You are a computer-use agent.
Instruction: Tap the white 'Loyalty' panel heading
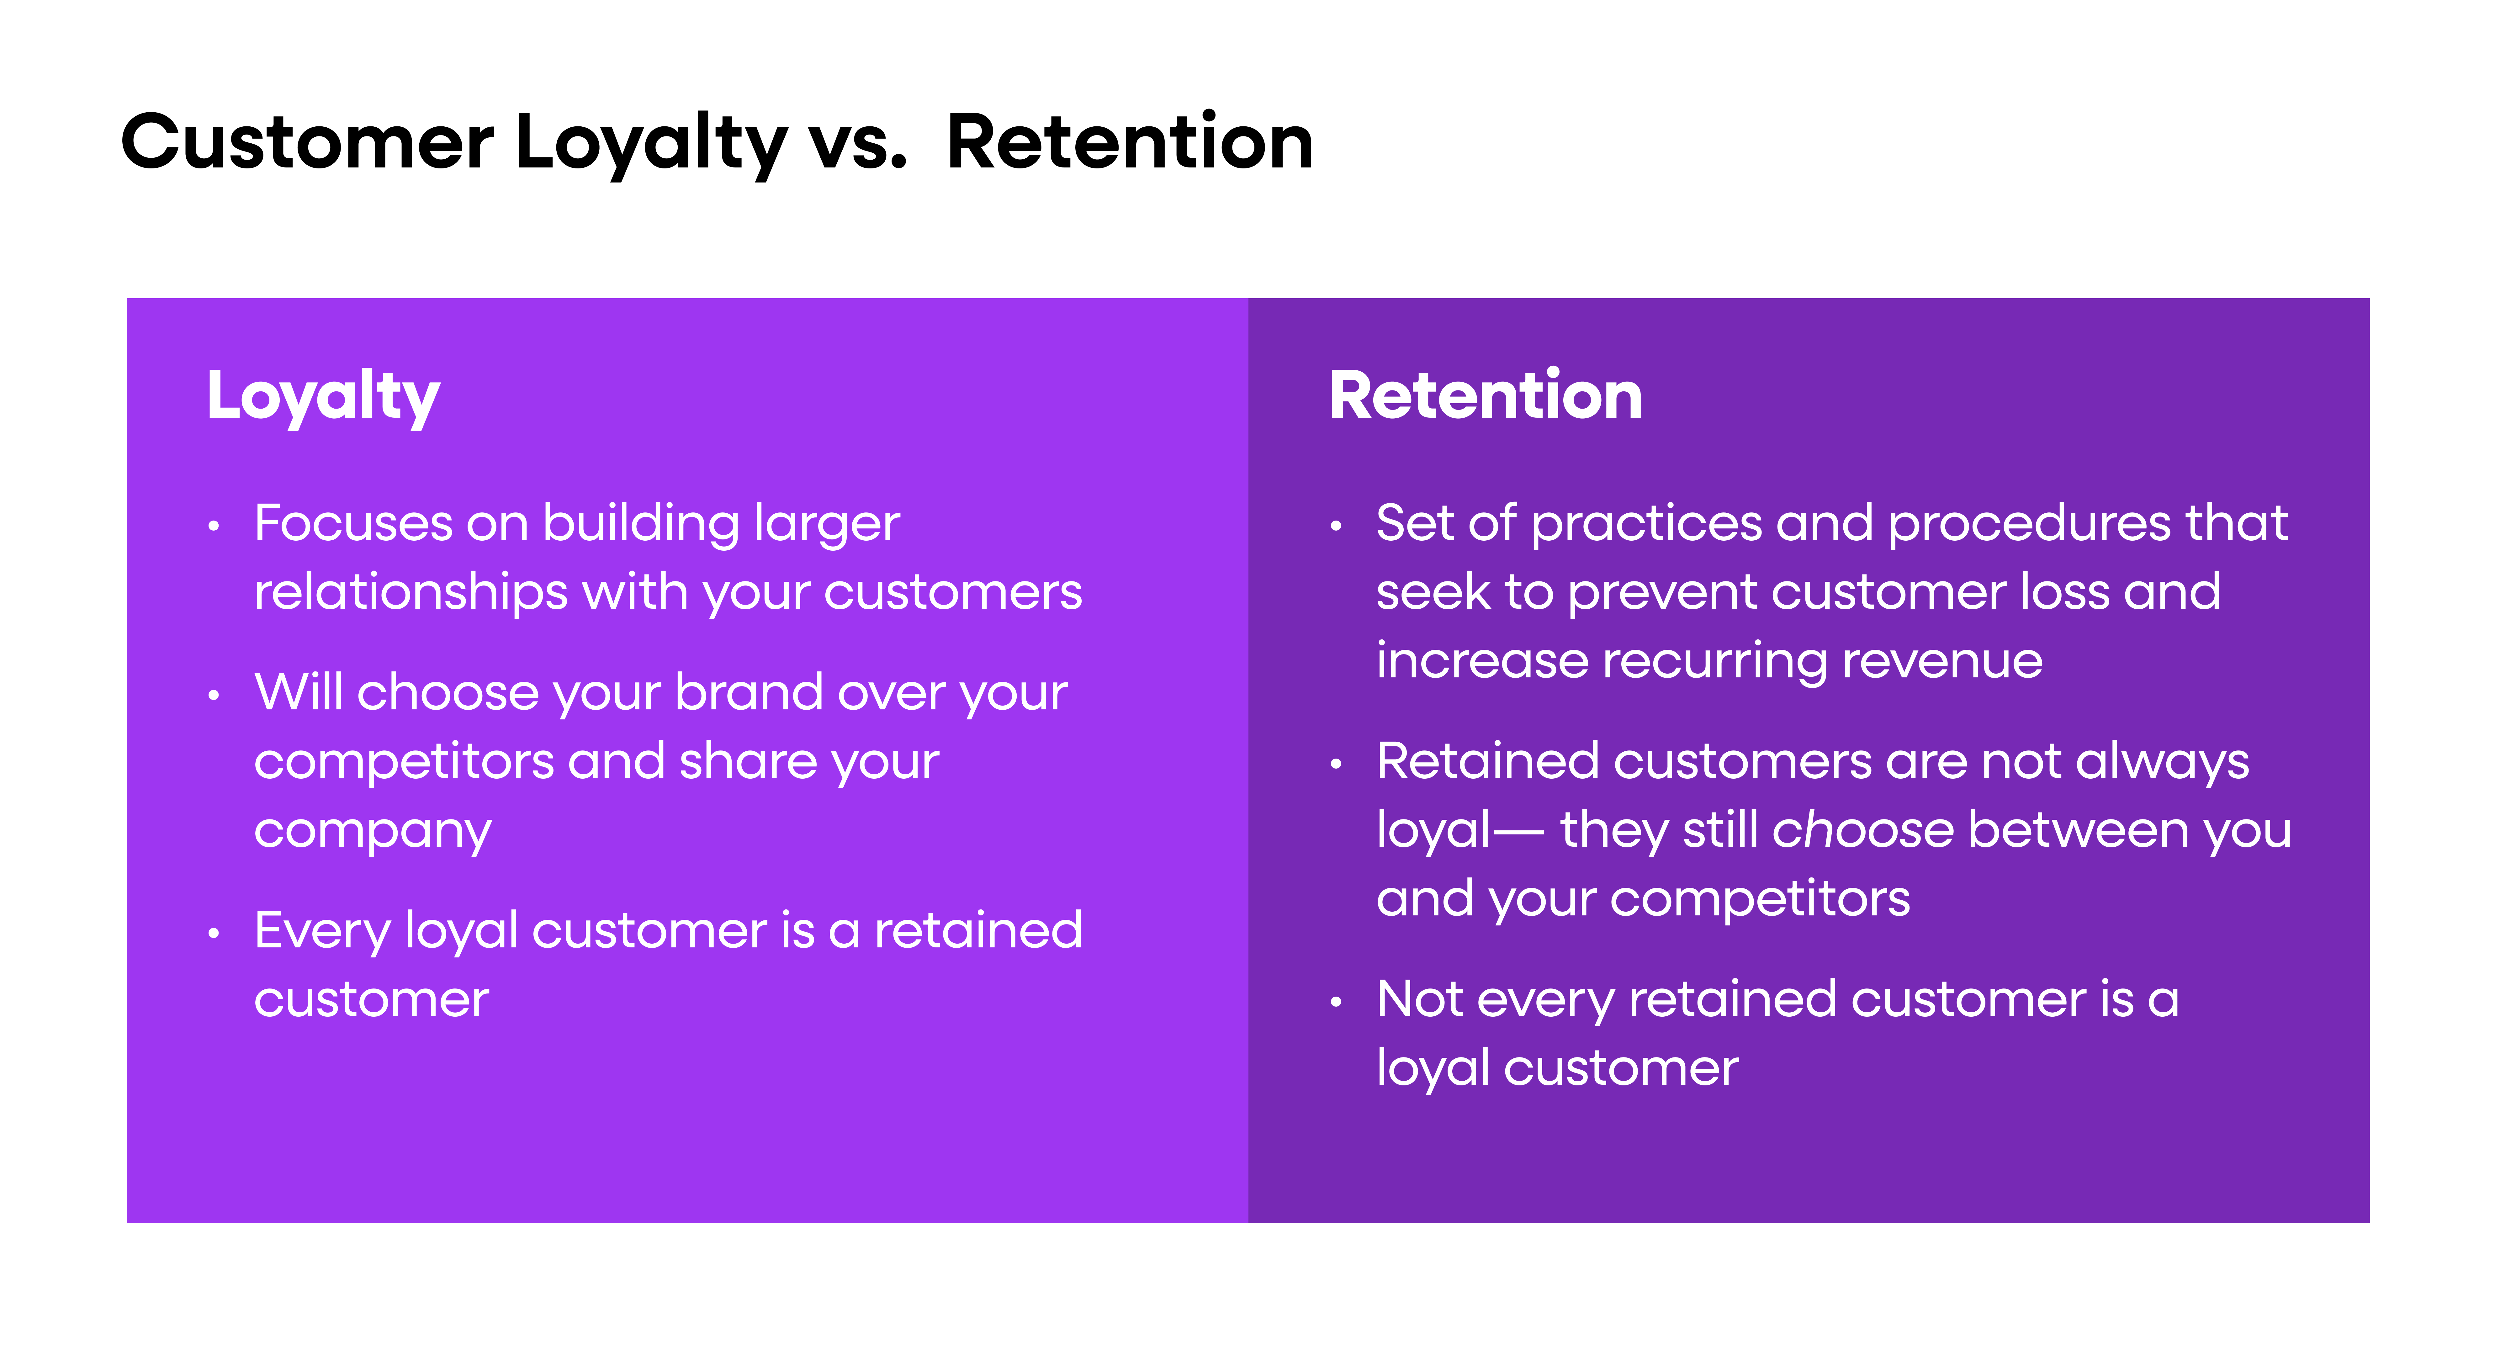point(324,397)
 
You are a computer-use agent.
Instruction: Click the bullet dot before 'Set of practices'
point(1336,527)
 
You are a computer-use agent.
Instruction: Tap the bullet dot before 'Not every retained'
point(1336,1002)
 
